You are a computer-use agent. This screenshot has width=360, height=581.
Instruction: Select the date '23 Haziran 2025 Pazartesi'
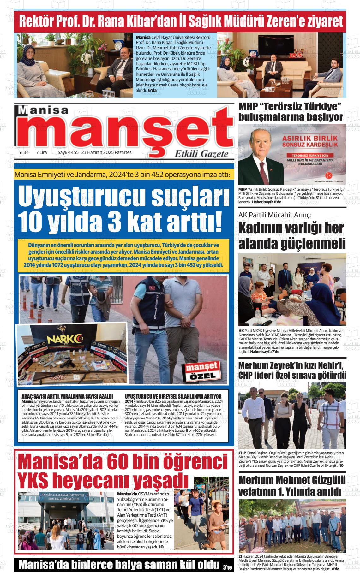click(x=107, y=152)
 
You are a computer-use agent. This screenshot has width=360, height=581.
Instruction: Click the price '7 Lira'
click(x=41, y=152)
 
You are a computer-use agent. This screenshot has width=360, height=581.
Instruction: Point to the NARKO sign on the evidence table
click(x=64, y=340)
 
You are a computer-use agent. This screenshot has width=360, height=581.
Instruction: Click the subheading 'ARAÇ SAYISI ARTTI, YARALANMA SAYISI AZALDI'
click(x=67, y=396)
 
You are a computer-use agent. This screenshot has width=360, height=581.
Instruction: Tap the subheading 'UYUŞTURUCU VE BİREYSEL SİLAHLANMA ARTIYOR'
click(x=173, y=396)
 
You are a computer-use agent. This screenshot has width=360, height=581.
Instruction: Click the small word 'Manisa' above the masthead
click(x=47, y=110)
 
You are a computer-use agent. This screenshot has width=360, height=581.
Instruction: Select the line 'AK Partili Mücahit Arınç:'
click(x=275, y=215)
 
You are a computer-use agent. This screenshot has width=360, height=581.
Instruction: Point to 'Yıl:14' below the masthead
click(x=24, y=152)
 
